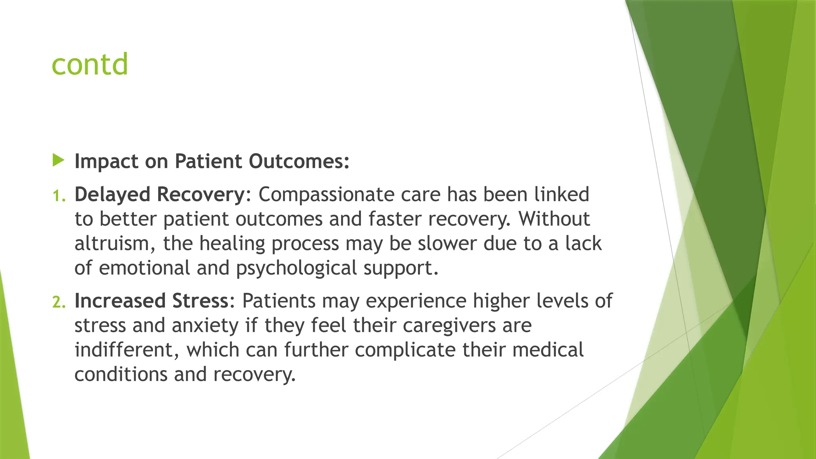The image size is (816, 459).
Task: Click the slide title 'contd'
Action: [90, 64]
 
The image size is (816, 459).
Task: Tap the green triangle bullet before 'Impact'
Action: [58, 161]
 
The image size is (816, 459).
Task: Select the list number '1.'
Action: [59, 195]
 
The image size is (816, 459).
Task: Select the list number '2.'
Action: [59, 302]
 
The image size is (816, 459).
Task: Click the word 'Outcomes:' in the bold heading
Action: [299, 161]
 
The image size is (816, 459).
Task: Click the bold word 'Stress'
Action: [200, 301]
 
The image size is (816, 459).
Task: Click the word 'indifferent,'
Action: [127, 350]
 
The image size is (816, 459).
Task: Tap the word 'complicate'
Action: [405, 350]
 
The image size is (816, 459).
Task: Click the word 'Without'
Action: [553, 219]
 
